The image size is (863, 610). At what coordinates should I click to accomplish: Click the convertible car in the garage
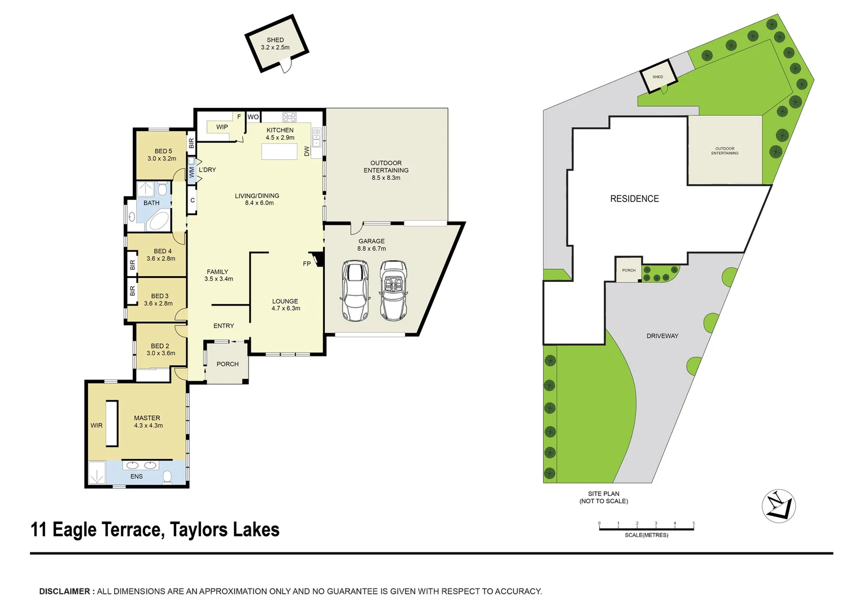click(393, 290)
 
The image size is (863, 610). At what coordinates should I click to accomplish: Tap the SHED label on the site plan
click(657, 77)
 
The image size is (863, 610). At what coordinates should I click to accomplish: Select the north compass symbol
click(779, 506)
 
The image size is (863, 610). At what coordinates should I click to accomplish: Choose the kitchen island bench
click(280, 151)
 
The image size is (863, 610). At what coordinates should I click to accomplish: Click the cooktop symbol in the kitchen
click(289, 117)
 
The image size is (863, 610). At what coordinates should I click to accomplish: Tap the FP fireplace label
click(307, 264)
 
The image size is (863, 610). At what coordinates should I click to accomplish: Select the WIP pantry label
click(222, 127)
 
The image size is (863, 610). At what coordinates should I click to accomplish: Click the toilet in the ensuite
click(167, 477)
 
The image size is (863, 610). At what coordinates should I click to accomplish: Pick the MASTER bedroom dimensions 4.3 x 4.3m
click(149, 426)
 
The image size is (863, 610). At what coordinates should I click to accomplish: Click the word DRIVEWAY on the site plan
click(662, 336)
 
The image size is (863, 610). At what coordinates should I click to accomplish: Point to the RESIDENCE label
click(634, 199)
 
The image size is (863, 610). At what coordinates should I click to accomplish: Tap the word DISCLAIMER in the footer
click(64, 591)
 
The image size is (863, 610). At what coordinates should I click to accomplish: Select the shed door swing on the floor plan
click(285, 66)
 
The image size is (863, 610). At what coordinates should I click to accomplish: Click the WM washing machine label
click(191, 172)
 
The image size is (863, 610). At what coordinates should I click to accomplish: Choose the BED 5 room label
click(163, 151)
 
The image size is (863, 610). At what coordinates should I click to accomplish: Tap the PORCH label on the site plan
click(629, 271)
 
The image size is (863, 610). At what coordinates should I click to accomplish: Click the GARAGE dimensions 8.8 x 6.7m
click(372, 249)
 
